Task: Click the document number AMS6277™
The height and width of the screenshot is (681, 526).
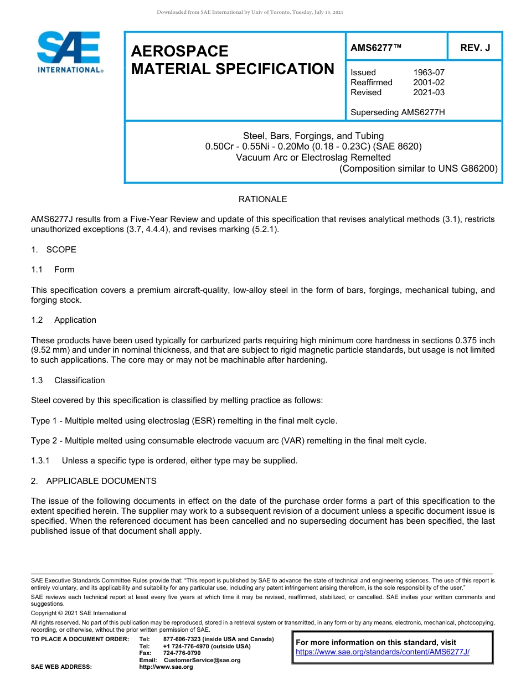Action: coord(376,48)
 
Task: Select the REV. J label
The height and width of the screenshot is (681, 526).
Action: coord(475,48)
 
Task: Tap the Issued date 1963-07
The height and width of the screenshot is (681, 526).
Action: coord(429,73)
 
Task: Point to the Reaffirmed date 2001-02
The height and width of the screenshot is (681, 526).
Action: coord(429,82)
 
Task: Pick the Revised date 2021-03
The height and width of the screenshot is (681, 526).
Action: coord(429,92)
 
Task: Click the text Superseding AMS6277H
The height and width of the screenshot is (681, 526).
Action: coord(398,112)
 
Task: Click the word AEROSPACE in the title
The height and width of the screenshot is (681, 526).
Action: coord(179,51)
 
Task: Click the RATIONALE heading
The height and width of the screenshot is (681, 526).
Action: coord(262,199)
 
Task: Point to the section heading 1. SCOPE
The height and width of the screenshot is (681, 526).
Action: coord(54,250)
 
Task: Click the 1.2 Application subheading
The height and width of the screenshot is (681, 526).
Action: coord(64,320)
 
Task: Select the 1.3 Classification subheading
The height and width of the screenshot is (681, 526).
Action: coord(68,380)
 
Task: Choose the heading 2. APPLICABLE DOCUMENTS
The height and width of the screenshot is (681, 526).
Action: coord(94,481)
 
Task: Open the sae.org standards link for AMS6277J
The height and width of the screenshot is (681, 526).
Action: coord(383,652)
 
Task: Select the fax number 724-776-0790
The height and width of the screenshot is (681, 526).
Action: coord(182,653)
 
